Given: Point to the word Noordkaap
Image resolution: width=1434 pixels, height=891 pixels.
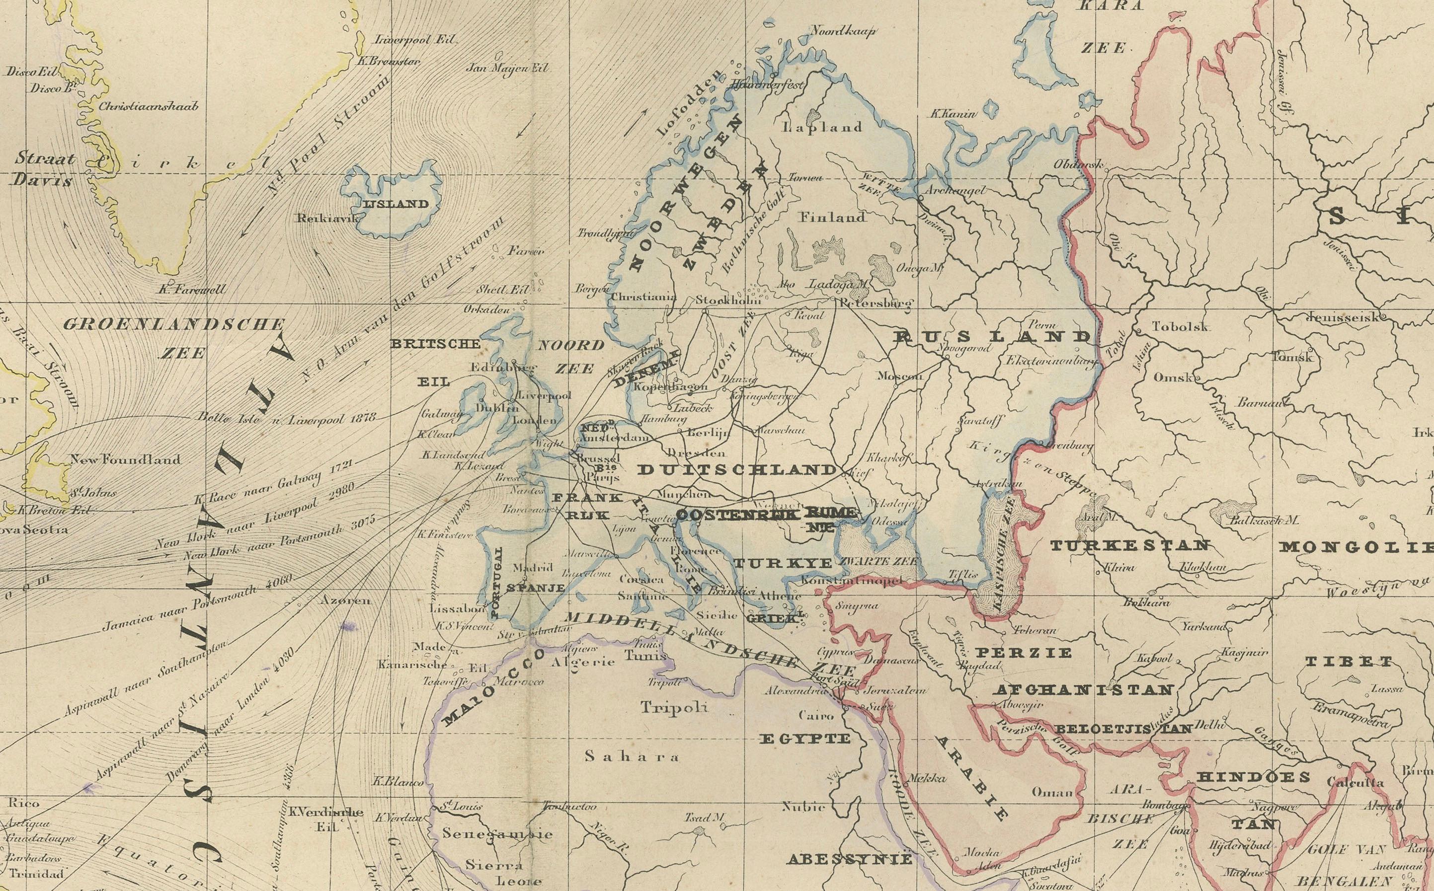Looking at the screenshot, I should [843, 31].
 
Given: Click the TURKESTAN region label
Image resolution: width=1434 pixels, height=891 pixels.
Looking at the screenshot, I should [1130, 546].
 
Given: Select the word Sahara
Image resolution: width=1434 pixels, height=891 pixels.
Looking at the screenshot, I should [631, 756].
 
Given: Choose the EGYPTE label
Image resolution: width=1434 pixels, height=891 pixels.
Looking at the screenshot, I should [804, 739].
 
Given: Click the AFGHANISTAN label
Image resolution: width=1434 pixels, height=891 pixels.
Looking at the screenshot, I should [1083, 689].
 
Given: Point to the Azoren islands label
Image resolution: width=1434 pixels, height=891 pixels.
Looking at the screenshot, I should [345, 600].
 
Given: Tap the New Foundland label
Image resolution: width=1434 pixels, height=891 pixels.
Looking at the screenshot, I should [125, 459].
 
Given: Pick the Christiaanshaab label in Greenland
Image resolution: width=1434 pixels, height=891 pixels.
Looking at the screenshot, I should [148, 107].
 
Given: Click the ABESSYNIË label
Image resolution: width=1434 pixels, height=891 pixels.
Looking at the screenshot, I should [849, 859].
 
